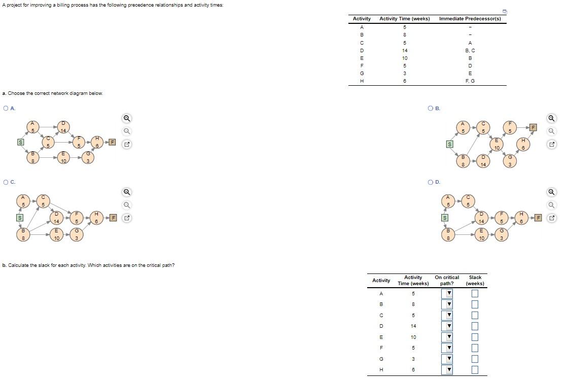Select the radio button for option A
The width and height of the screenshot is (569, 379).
[6, 108]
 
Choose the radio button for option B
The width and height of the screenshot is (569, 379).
[431, 108]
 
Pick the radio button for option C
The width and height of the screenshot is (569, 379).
[6, 182]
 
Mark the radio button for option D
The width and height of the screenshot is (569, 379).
[431, 182]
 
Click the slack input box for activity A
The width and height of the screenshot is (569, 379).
[475, 293]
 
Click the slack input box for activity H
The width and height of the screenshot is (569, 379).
[475, 369]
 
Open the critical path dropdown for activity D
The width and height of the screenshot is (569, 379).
[447, 326]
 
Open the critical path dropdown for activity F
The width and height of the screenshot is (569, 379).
[447, 348]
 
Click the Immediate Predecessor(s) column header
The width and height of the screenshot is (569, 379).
[470, 19]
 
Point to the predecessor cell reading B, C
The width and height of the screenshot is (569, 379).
[470, 51]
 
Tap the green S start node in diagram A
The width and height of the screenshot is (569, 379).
[21, 143]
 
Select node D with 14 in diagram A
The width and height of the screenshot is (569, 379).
[63, 127]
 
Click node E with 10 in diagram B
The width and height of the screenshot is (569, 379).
[497, 144]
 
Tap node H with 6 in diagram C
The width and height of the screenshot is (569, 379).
[96, 218]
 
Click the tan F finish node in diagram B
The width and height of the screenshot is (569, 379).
[532, 127]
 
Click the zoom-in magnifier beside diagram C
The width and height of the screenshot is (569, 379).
[127, 192]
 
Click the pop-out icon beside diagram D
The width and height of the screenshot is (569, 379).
[552, 218]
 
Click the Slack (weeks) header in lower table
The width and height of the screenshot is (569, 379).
[475, 280]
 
